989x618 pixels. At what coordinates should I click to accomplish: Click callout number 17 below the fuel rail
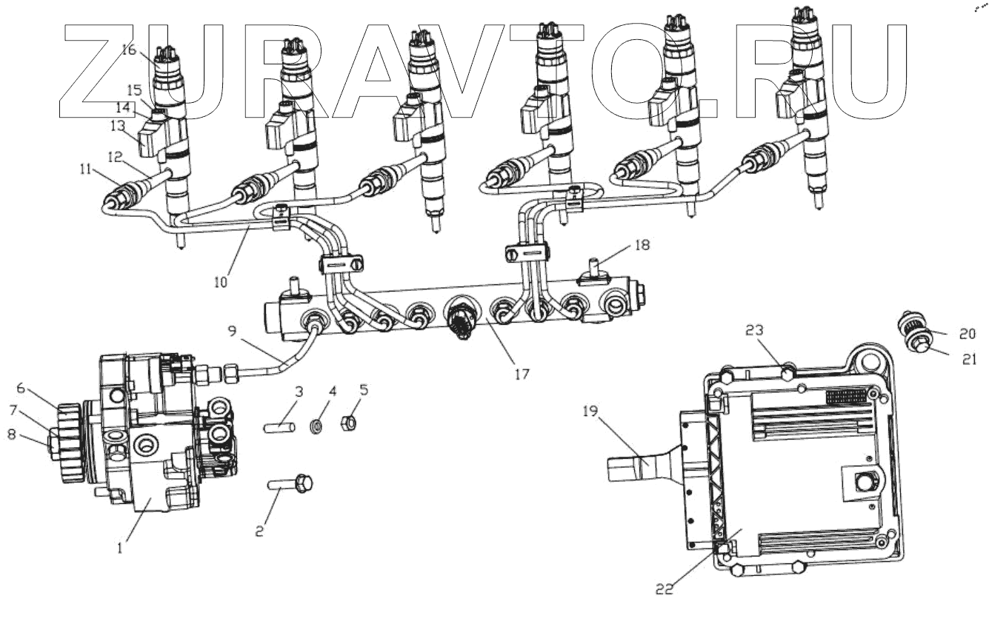coord(522,375)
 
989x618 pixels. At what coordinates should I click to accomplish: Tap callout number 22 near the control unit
coord(665,589)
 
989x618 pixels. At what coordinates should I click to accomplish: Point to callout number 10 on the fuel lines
coord(222,281)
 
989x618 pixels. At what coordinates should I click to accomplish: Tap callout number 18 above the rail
coord(642,245)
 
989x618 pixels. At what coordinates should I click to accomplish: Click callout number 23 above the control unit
coord(753,331)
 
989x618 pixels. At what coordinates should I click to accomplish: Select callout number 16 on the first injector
coord(129,50)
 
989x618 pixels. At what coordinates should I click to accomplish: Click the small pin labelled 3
coord(281,427)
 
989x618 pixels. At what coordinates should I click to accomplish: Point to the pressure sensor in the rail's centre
coord(463,320)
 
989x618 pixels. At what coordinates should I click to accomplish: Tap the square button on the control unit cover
coord(862,483)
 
